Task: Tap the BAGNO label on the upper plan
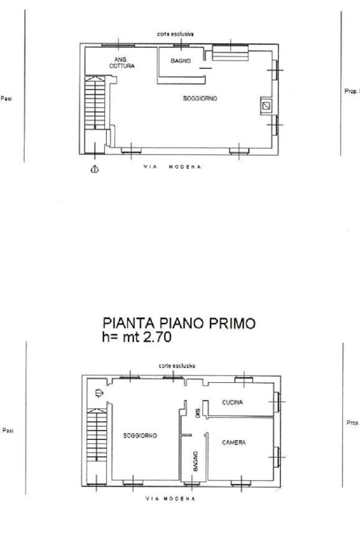click(x=180, y=61)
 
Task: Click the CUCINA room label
click(x=232, y=403)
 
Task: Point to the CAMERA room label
click(x=233, y=442)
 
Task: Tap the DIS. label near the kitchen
click(x=198, y=414)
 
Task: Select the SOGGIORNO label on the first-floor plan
click(x=140, y=436)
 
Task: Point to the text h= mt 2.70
click(x=137, y=337)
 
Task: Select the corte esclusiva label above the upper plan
click(x=175, y=34)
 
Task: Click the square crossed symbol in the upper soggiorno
click(x=267, y=106)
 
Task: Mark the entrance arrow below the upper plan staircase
click(x=95, y=169)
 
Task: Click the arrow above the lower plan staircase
click(x=98, y=393)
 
